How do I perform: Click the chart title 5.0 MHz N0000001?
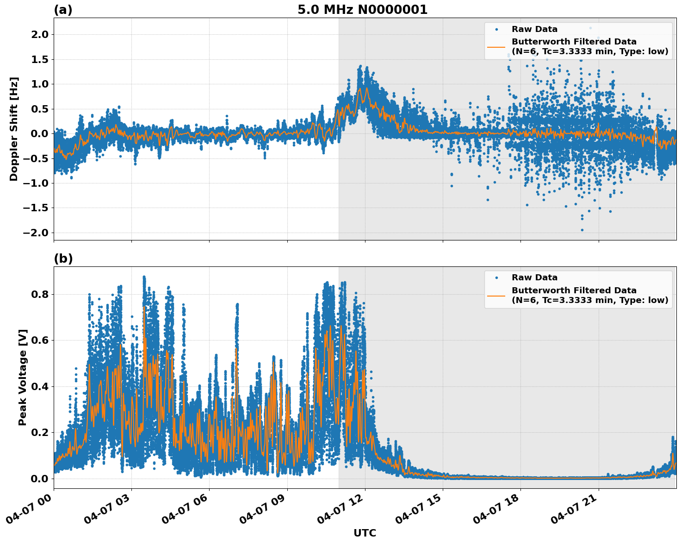pos(362,10)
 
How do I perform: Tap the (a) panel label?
pos(63,10)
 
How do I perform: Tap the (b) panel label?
pos(63,259)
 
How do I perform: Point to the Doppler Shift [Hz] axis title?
pos(14,129)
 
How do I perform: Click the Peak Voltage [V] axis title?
pos(23,377)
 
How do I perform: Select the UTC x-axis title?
pos(365,533)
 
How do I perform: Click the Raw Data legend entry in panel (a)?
pos(534,29)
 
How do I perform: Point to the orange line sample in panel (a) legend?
pos(496,47)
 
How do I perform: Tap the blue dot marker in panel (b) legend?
pos(496,278)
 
